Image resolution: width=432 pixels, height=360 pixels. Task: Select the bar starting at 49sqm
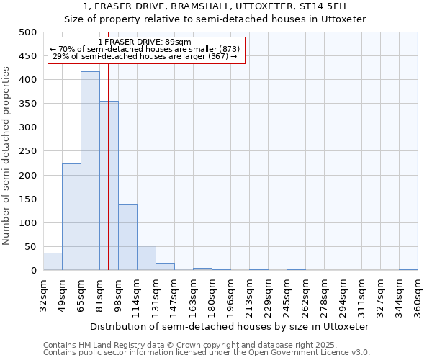point(71,217)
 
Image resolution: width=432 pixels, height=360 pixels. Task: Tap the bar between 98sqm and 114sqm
point(127,238)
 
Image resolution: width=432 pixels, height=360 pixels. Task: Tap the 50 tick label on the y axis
point(30,247)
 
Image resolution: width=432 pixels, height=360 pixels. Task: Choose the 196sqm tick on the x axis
point(230,295)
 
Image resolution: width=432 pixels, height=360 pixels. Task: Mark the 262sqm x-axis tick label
point(305,295)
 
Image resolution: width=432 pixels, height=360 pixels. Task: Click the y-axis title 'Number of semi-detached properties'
point(6,156)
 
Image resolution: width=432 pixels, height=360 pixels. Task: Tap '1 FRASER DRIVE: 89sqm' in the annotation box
point(145,42)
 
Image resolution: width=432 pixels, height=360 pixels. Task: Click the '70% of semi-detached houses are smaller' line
point(145,49)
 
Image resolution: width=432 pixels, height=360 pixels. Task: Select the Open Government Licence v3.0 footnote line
point(207,353)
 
